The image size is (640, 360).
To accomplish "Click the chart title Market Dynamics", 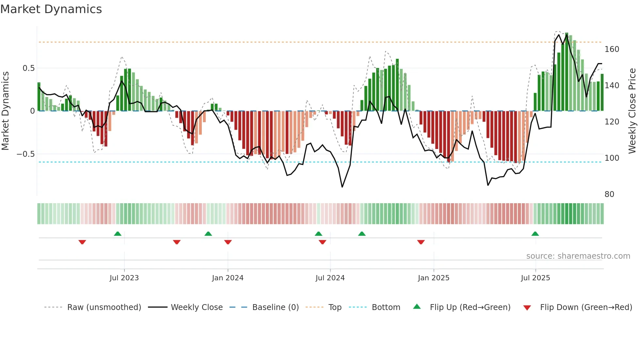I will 51,9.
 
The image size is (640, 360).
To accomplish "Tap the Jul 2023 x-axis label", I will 124,278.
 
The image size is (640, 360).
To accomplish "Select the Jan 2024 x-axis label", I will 228,278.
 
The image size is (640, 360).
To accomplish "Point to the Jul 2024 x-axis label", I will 330,278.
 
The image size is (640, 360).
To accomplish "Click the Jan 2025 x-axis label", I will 434,278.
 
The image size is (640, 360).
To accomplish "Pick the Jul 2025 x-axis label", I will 536,278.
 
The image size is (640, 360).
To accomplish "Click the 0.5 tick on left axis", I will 28,68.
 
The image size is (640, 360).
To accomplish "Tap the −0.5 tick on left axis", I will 26,154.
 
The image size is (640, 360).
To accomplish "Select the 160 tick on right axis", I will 612,49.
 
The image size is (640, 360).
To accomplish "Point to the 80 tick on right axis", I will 609,194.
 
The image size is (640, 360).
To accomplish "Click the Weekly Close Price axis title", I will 632,111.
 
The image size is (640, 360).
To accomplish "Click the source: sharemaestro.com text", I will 578,256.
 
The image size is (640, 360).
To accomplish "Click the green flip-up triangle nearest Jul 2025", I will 535,234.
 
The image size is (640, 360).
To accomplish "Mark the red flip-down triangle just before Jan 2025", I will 421,242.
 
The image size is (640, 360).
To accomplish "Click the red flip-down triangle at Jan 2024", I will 228,242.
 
